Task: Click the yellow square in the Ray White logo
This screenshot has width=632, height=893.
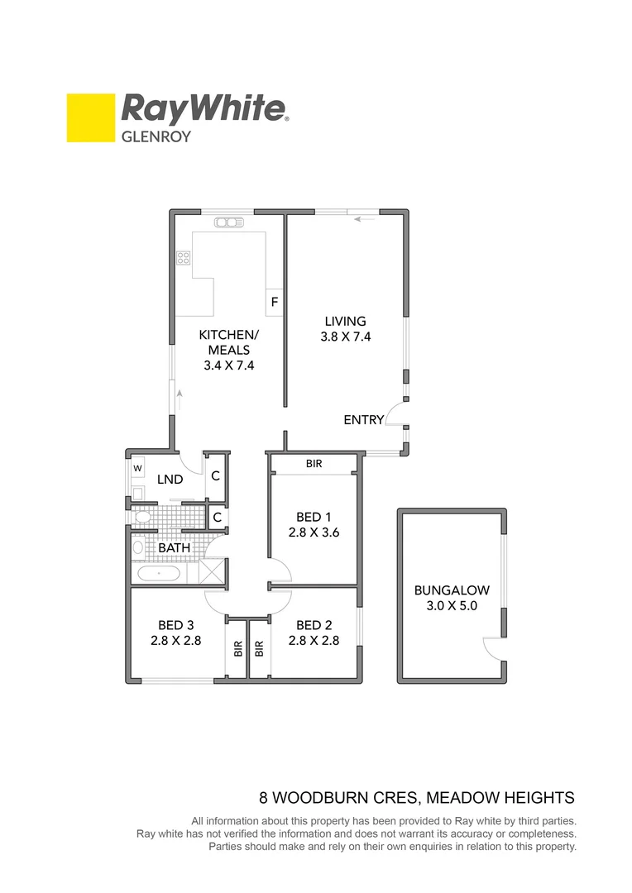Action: click(90, 117)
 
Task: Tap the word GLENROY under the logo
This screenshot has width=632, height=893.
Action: click(156, 136)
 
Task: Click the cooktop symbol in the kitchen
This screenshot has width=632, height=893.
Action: click(183, 257)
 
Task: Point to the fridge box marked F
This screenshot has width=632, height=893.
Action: click(274, 303)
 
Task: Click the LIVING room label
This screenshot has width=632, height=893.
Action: click(345, 321)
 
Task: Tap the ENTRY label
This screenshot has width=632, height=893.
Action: click(364, 420)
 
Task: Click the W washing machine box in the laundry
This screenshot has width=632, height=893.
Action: click(138, 468)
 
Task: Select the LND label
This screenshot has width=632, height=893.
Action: click(170, 480)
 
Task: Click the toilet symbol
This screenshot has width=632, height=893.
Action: click(141, 518)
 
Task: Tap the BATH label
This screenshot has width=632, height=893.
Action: click(174, 547)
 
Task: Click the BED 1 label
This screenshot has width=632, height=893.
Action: click(314, 518)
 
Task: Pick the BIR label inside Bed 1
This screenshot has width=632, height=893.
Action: click(314, 465)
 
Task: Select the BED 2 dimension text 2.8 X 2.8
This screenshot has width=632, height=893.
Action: click(314, 640)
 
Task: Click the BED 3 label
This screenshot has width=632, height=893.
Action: click(176, 625)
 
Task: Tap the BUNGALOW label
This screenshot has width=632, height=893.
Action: click(452, 590)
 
